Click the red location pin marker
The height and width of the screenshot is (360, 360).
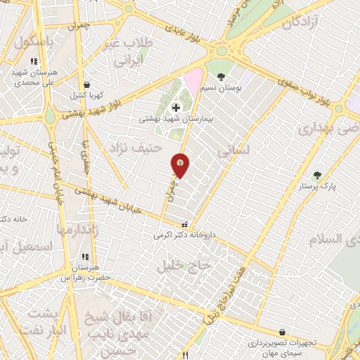click(181, 165)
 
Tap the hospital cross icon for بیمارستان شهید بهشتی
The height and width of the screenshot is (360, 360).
click(175, 108)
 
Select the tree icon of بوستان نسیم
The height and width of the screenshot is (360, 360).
click(221, 77)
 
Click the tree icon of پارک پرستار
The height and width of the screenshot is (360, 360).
click(317, 175)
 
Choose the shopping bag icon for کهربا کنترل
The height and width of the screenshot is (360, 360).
click(86, 84)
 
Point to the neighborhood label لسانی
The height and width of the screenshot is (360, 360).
click(232, 150)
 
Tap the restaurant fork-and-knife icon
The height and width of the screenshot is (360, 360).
click(186, 355)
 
